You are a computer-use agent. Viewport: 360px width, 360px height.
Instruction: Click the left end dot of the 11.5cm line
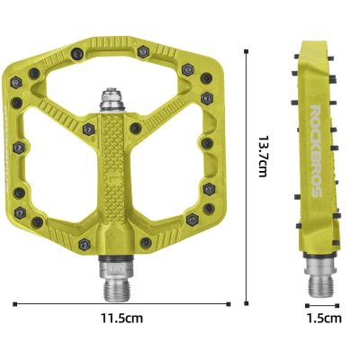tap(14, 302)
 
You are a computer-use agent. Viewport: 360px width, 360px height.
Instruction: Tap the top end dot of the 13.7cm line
tap(247, 50)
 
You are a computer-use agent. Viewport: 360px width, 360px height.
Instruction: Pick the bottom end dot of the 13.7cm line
tap(247, 302)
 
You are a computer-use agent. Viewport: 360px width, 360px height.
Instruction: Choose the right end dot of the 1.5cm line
tap(343, 302)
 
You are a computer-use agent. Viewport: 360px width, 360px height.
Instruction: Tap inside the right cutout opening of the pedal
tap(180, 162)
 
